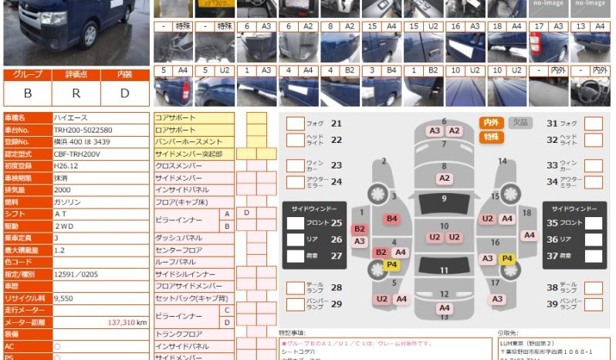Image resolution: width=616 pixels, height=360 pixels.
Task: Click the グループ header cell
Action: [x=28, y=75]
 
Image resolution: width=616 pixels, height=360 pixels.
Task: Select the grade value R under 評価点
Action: [x=76, y=93]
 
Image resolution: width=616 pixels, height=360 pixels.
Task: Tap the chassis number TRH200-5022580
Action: [x=83, y=130]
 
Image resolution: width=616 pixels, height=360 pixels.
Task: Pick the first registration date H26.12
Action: [x=66, y=165]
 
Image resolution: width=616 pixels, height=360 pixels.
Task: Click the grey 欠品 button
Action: [x=520, y=123]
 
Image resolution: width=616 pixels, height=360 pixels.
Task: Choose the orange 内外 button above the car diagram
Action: [x=491, y=123]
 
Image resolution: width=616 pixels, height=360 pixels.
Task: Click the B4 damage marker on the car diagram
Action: [x=392, y=219]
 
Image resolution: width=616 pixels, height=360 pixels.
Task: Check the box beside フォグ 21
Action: [x=295, y=123]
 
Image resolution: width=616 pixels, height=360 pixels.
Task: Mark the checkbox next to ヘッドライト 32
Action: [x=593, y=140]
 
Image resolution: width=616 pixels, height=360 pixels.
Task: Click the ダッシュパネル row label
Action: [x=179, y=238]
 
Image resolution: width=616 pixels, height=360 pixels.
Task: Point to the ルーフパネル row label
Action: [x=177, y=262]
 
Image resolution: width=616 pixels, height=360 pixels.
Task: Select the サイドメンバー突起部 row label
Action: [x=189, y=154]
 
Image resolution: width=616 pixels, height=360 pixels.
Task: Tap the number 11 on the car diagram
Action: [x=444, y=270]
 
